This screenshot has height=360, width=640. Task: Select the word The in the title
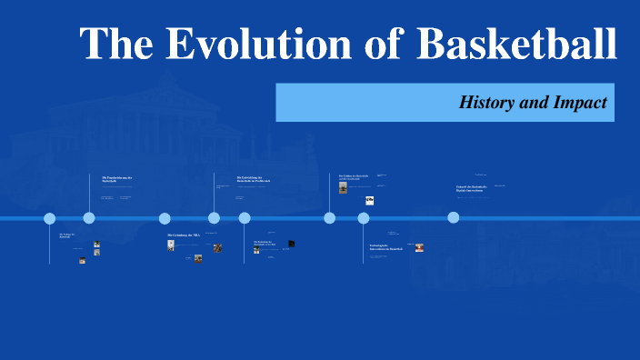(115, 43)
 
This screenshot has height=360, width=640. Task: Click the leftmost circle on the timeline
(50, 218)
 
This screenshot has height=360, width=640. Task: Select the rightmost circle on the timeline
(454, 217)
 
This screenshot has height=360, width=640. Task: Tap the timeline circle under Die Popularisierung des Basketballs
(89, 217)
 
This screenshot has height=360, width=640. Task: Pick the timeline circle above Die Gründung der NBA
(165, 218)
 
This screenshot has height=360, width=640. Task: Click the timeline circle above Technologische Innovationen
(364, 218)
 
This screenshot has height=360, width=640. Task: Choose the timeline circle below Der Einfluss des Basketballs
(330, 217)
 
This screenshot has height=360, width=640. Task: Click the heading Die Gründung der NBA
(183, 235)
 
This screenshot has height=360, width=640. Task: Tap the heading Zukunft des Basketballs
(472, 187)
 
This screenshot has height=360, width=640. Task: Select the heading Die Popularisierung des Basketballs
(117, 179)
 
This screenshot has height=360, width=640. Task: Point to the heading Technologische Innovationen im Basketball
(385, 247)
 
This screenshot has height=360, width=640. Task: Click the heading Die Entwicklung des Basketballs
(254, 180)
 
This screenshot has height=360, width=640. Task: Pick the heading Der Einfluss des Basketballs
(354, 176)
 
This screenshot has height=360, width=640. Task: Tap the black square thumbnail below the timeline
(292, 244)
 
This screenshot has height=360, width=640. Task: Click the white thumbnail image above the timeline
(370, 200)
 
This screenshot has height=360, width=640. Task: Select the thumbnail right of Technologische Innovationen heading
(419, 247)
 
